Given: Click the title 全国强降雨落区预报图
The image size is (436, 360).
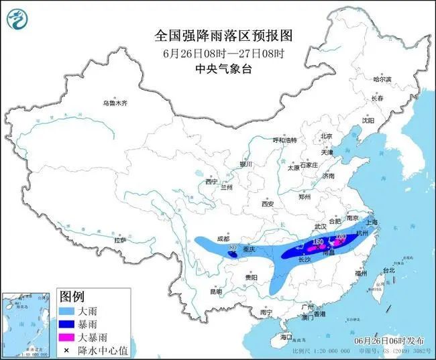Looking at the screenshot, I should [x=217, y=35].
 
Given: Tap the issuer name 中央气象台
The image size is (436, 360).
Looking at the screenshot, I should [x=217, y=68].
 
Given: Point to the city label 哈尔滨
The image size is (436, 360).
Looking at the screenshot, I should [x=382, y=79].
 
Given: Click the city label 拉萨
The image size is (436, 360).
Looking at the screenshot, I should [x=120, y=239].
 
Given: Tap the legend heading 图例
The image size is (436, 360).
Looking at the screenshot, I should [x=72, y=296].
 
